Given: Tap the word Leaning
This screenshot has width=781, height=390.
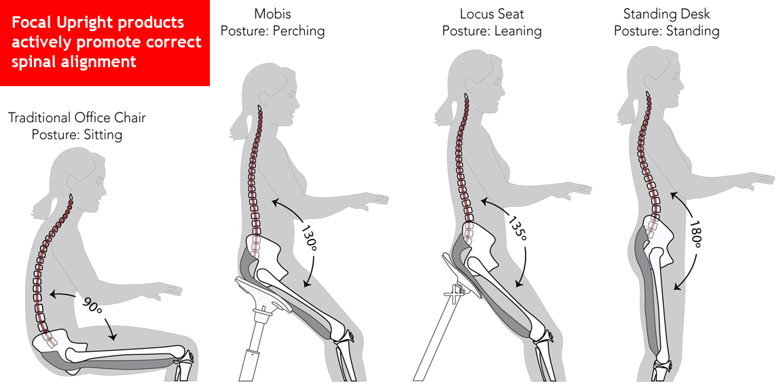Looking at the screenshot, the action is pyautogui.click(x=517, y=31).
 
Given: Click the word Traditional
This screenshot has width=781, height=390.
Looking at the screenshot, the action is pyautogui.click(x=39, y=117).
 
